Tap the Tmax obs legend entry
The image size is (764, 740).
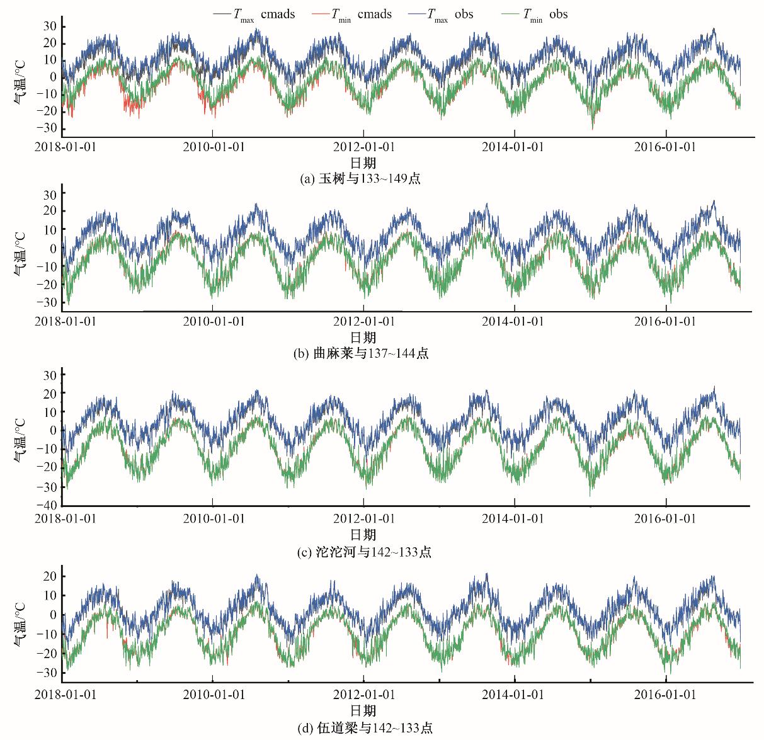pyautogui.click(x=450, y=14)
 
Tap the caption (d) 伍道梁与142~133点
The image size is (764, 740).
pyautogui.click(x=365, y=728)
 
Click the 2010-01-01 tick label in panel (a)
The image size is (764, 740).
pyautogui.click(x=213, y=147)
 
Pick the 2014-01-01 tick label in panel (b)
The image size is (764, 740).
pyautogui.click(x=514, y=321)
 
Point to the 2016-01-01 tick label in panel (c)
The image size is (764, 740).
pyautogui.click(x=666, y=518)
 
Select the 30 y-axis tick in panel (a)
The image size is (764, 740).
pyautogui.click(x=50, y=26)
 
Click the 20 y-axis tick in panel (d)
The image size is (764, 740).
pyautogui.click(x=50, y=576)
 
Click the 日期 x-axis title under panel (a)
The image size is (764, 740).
pyautogui.click(x=363, y=163)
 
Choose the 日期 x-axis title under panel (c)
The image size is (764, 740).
pyautogui.click(x=363, y=535)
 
